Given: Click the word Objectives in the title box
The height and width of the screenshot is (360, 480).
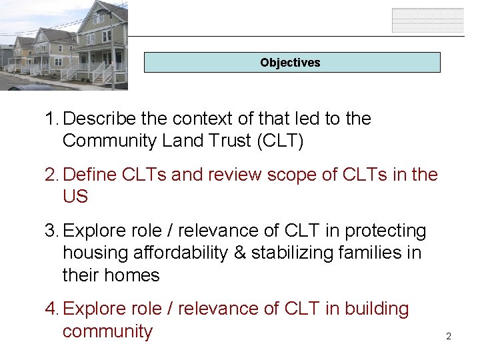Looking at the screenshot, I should click(290, 63).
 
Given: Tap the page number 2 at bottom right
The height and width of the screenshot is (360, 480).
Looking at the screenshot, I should click(448, 337).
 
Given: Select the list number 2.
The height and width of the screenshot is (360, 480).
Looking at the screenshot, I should click(51, 175).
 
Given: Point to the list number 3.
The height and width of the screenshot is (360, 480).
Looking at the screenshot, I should click(51, 231).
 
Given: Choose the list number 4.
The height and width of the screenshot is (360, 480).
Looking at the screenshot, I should click(51, 309).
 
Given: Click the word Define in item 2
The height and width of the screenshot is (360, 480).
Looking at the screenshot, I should click(92, 175).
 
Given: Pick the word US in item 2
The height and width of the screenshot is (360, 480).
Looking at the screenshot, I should click(75, 197).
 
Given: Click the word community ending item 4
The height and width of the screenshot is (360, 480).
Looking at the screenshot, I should click(107, 331).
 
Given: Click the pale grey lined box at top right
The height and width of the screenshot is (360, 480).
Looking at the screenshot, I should click(427, 20).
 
